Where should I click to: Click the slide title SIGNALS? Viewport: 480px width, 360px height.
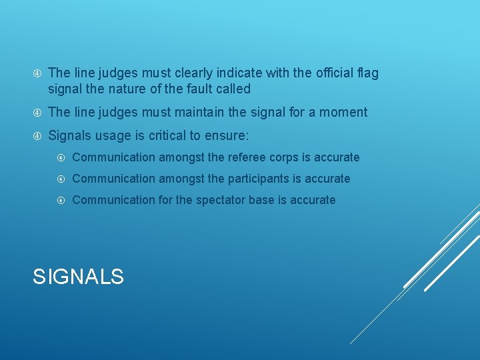(x=78, y=276)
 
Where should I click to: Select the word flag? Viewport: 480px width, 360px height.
(x=367, y=73)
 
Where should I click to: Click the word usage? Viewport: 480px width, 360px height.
(x=115, y=135)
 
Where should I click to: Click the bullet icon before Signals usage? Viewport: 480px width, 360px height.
(x=38, y=136)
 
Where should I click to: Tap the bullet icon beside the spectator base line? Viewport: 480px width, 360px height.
(x=61, y=200)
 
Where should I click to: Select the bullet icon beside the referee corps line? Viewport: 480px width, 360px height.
(x=61, y=158)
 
